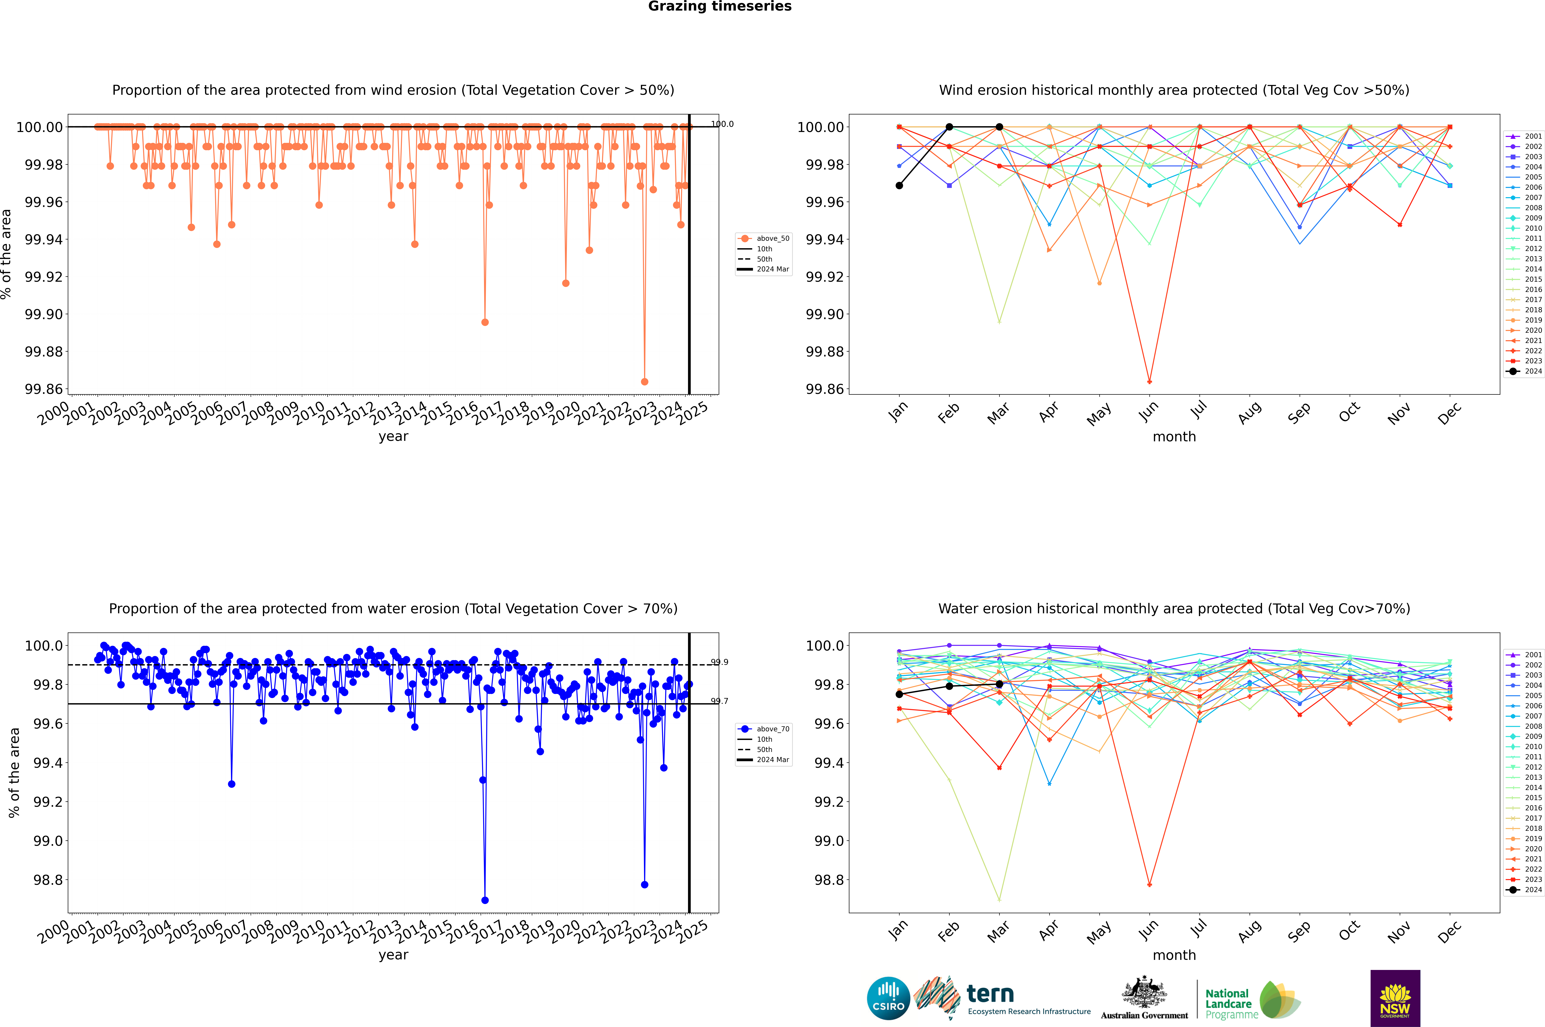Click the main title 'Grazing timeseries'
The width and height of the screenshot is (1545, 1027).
pyautogui.click(x=720, y=7)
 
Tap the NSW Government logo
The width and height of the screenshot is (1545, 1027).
pyautogui.click(x=1395, y=998)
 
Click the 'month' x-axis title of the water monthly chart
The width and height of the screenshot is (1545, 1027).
pyautogui.click(x=1174, y=955)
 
